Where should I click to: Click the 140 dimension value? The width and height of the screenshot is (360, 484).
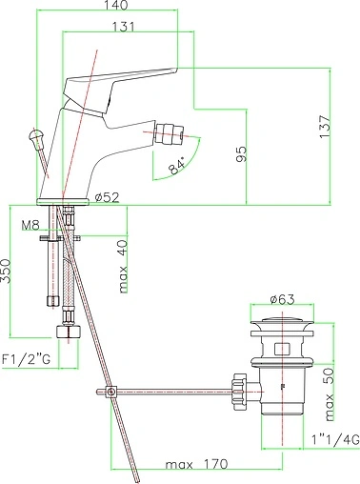(116, 5)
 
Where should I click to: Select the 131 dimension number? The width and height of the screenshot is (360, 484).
(123, 27)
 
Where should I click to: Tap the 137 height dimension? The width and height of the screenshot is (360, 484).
(325, 126)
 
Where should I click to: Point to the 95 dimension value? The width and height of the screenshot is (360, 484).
(241, 154)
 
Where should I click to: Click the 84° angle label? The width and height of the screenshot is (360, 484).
(177, 165)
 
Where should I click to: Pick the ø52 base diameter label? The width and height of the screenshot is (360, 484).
(108, 197)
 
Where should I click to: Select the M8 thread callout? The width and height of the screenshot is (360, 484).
(30, 225)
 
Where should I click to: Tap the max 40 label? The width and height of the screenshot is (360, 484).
(123, 267)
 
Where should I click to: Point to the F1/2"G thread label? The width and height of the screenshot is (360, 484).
(26, 359)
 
